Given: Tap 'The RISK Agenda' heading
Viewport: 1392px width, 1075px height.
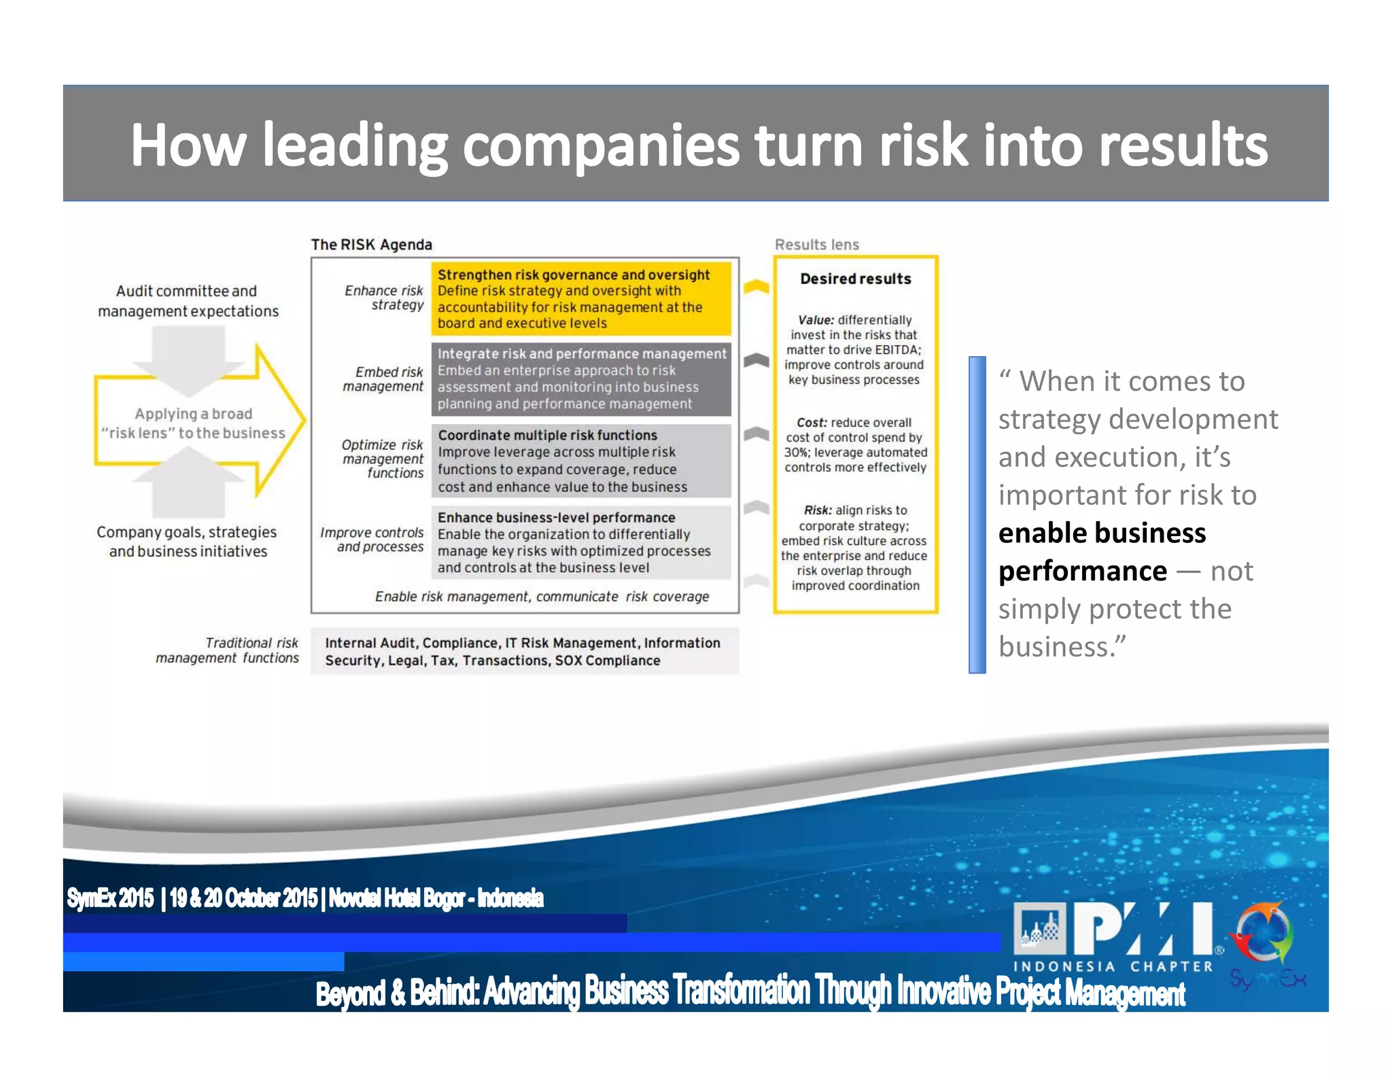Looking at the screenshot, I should (371, 245).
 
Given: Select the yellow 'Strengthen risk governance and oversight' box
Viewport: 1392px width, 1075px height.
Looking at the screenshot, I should (581, 299).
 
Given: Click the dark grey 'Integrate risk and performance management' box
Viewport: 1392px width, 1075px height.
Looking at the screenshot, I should (581, 379).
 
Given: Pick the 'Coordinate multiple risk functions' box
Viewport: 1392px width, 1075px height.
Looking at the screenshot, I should (581, 461).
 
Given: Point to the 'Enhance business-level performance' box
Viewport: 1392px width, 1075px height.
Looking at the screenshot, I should (581, 542).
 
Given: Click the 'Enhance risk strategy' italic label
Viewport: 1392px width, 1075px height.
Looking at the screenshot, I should (384, 298).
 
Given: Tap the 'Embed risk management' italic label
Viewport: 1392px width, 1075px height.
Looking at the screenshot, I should (384, 379).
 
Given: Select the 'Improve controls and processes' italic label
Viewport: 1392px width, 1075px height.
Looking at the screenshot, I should (372, 540).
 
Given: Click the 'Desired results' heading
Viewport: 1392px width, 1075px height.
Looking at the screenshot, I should (855, 279).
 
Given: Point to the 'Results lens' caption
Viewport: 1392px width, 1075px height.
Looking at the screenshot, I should (816, 245).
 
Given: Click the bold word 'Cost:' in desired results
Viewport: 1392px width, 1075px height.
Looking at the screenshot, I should (812, 423).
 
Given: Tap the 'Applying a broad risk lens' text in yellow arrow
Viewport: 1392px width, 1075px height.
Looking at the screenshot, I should (193, 423).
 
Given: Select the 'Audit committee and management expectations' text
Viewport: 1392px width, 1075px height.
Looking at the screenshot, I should (188, 301).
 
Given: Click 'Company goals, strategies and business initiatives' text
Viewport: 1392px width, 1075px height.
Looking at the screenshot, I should (187, 542).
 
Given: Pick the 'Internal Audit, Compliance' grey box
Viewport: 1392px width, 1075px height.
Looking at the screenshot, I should (523, 652).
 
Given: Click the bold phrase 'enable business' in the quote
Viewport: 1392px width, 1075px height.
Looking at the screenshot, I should (1102, 533).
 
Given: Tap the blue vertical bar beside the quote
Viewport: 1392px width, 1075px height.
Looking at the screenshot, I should (977, 514).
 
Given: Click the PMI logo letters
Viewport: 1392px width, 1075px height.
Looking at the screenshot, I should (1142, 930).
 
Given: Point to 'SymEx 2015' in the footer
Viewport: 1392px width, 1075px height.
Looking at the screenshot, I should (110, 898).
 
